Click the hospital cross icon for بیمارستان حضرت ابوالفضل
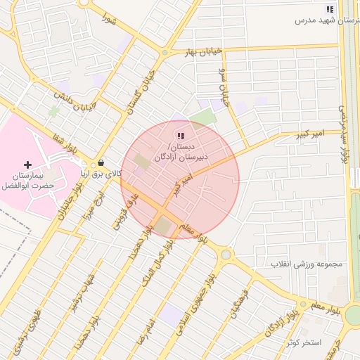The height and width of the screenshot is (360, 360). [x=27, y=164]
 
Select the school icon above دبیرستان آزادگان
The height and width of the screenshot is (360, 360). [x=180, y=136]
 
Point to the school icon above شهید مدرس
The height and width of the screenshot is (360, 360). [x=329, y=9]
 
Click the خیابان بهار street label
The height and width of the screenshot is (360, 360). [x=204, y=51]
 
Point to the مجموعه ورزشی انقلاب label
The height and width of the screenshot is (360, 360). [x=306, y=264]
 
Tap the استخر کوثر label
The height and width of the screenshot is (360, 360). [x=304, y=342]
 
